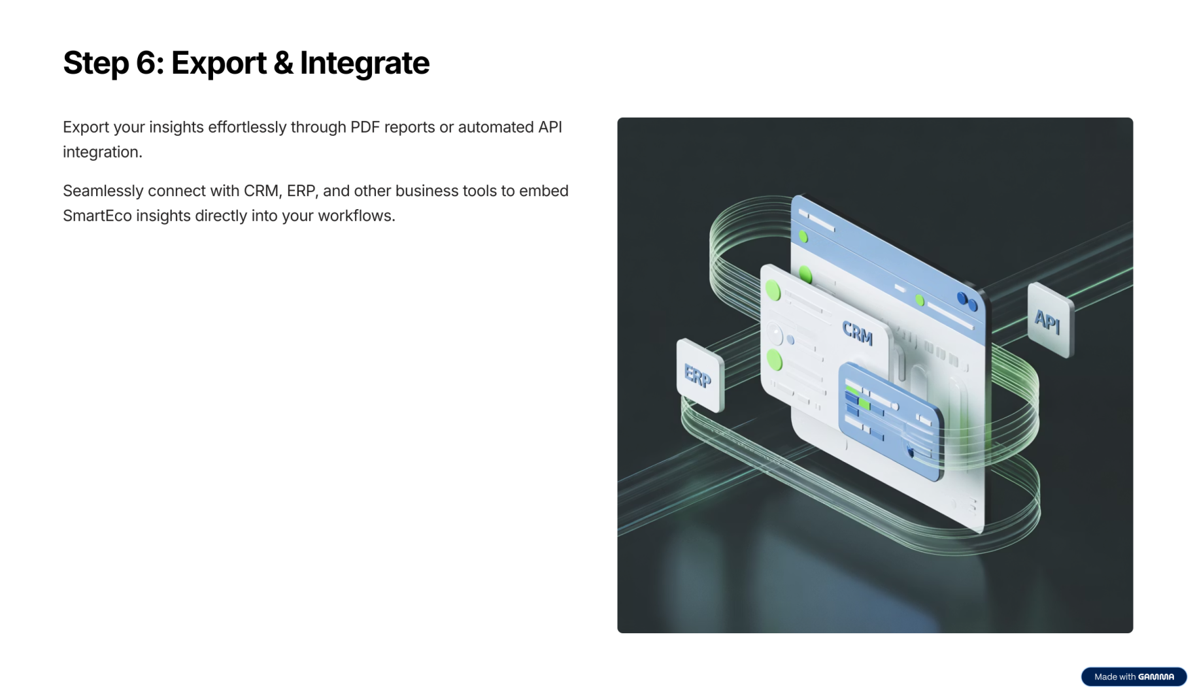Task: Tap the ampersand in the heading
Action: point(282,63)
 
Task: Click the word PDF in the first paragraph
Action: point(365,127)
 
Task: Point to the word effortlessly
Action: point(247,127)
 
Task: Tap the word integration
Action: point(103,152)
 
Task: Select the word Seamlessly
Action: point(103,191)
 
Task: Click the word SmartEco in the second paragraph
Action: point(97,216)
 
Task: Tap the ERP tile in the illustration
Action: point(700,375)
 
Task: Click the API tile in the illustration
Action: point(1050,320)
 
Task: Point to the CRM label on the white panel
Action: point(857,332)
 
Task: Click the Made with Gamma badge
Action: point(1134,676)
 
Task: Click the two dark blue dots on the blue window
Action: point(967,301)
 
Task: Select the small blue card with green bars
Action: point(891,421)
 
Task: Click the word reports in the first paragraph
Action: point(409,128)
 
